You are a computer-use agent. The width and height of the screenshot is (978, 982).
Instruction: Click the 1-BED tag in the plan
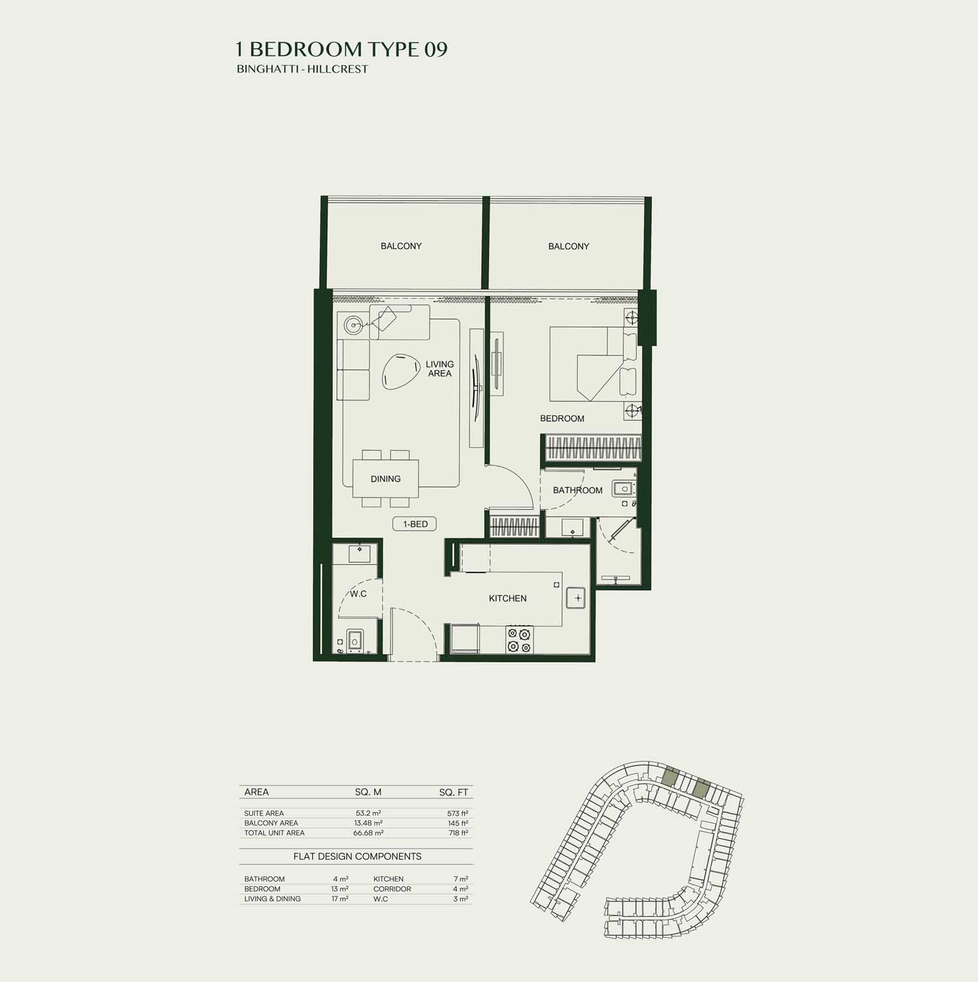click(415, 524)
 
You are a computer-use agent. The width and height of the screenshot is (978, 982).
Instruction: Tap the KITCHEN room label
click(508, 598)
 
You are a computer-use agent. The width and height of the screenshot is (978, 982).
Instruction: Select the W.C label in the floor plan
click(358, 593)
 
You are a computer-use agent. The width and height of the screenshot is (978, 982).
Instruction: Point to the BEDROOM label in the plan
click(562, 418)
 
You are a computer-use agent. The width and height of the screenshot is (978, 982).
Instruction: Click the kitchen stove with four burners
click(520, 639)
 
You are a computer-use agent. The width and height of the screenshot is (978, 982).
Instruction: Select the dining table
click(385, 479)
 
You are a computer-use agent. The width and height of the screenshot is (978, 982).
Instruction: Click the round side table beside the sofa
click(353, 323)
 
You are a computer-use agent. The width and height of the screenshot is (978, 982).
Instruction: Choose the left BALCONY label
click(401, 246)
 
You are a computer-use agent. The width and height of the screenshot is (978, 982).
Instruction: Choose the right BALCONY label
click(569, 246)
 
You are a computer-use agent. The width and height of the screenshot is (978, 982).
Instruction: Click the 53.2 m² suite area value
click(368, 813)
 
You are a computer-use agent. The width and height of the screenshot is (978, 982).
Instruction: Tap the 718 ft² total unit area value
click(458, 833)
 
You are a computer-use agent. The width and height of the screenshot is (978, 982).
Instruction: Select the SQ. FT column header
click(454, 792)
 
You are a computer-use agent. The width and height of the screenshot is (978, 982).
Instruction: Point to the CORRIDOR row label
click(392, 889)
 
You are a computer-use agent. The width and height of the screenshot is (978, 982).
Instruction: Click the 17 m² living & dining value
click(340, 899)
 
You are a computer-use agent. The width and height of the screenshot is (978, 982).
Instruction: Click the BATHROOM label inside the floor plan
click(578, 490)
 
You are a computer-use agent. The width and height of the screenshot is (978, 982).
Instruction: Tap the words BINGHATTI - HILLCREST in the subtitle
click(303, 69)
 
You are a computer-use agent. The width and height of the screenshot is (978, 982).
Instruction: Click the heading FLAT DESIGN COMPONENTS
click(357, 856)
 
